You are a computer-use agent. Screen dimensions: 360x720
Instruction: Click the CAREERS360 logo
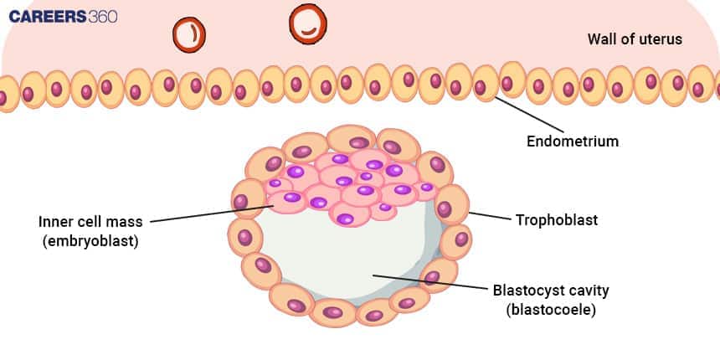(x=62, y=17)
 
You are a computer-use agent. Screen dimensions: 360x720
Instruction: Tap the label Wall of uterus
(x=635, y=39)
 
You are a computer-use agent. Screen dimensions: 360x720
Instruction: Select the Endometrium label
(x=572, y=141)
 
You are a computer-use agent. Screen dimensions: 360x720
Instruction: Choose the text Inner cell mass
(x=90, y=222)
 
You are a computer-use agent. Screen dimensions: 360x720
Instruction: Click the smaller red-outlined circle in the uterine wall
(x=188, y=33)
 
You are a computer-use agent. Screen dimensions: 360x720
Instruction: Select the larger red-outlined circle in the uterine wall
(x=307, y=24)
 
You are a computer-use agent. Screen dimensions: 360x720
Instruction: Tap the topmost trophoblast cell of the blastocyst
(x=351, y=140)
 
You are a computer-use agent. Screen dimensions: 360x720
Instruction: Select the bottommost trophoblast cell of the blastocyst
(x=332, y=312)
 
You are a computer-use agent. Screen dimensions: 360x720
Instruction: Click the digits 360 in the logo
(x=101, y=17)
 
